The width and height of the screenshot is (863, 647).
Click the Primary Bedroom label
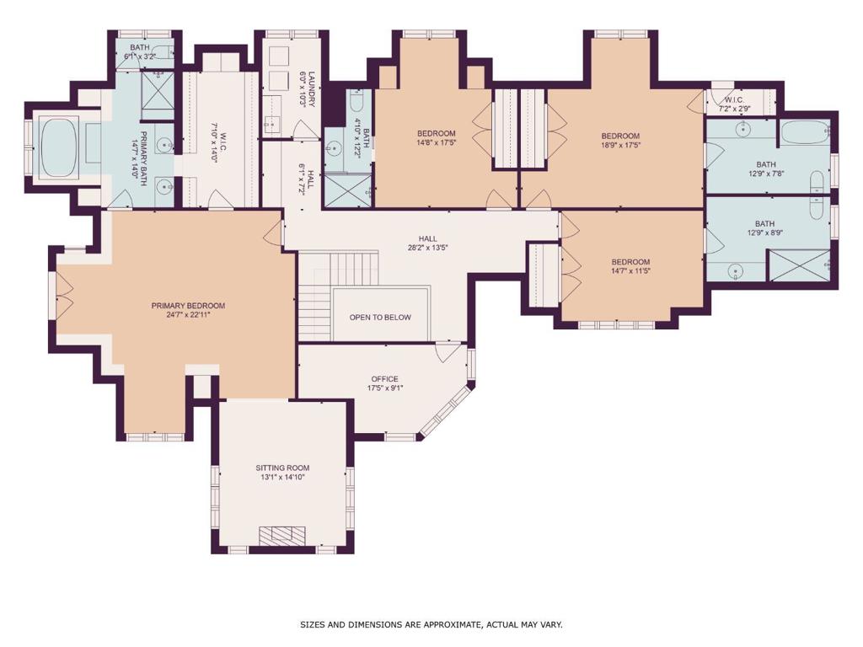click(x=188, y=306)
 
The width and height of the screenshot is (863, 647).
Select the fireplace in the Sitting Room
click(x=282, y=535)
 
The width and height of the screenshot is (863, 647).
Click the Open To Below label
click(x=380, y=318)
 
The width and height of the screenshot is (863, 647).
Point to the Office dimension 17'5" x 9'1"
click(x=384, y=388)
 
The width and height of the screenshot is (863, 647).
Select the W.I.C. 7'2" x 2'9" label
click(x=734, y=104)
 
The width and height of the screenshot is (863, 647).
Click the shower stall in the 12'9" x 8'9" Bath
click(x=799, y=265)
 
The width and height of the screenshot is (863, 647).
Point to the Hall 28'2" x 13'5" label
click(x=427, y=243)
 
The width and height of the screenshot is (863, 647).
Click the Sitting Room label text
click(x=282, y=468)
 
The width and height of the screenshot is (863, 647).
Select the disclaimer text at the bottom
click(x=431, y=624)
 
